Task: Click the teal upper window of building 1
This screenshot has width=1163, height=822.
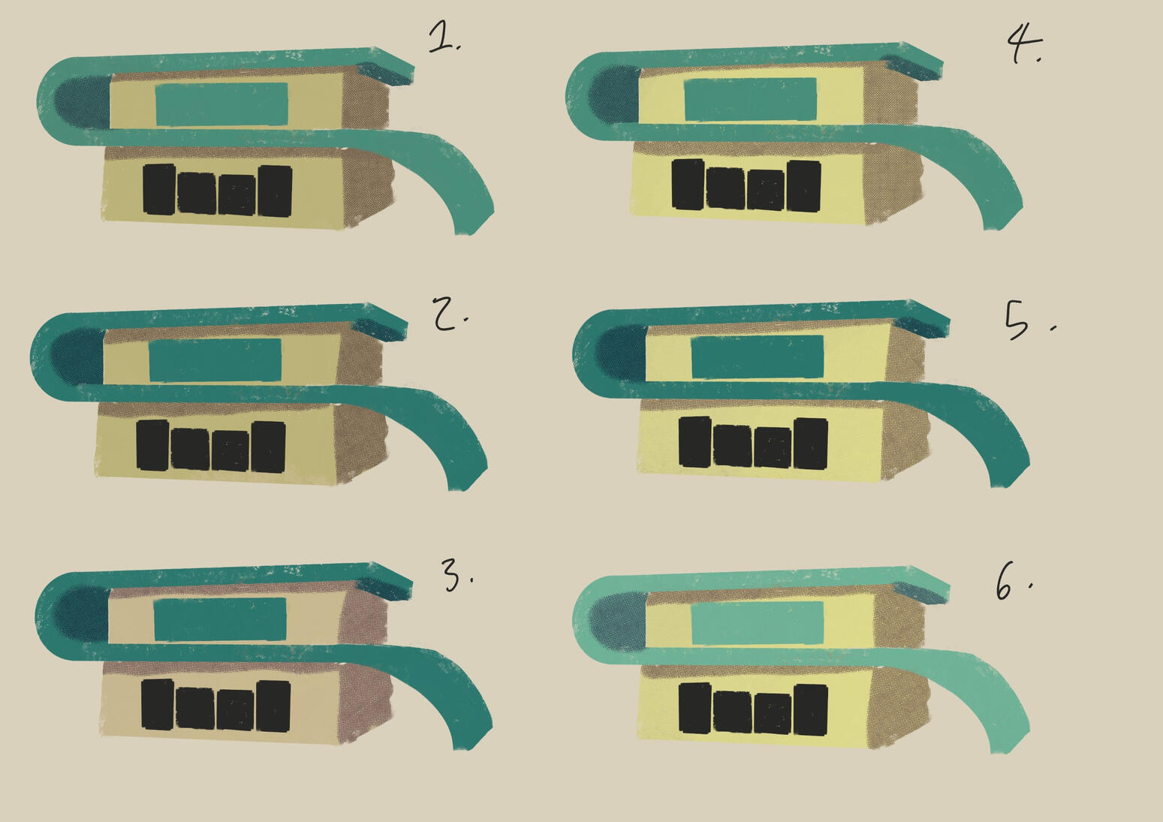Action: pyautogui.click(x=221, y=104)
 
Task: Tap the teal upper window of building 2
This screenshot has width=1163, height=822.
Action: pyautogui.click(x=215, y=360)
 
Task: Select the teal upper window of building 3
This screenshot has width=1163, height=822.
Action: pyautogui.click(x=220, y=619)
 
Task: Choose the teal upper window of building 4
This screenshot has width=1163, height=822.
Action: pyautogui.click(x=750, y=99)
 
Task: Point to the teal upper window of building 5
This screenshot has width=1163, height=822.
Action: pyautogui.click(x=758, y=357)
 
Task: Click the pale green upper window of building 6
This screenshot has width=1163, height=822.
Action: pyautogui.click(x=758, y=622)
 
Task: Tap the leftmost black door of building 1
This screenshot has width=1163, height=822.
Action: pyautogui.click(x=159, y=189)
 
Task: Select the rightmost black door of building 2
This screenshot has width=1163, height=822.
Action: pyautogui.click(x=269, y=447)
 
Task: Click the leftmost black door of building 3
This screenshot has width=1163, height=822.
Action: pyautogui.click(x=158, y=705)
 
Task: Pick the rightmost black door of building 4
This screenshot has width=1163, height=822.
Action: pyautogui.click(x=804, y=186)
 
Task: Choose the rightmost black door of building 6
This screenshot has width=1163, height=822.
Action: pyautogui.click(x=811, y=710)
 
